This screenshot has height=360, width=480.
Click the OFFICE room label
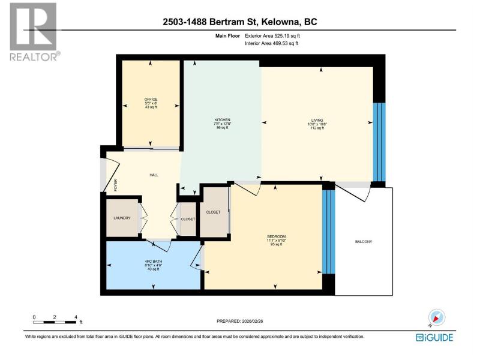click(151, 99)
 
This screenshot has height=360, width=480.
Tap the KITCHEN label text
click(222, 119)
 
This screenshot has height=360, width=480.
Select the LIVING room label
click(317, 121)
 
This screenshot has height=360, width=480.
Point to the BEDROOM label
click(277, 236)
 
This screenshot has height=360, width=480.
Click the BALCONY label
click(364, 242)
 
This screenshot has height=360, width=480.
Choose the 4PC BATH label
click(154, 262)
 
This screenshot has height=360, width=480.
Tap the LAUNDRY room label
click(122, 218)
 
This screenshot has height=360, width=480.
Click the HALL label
click(154, 175)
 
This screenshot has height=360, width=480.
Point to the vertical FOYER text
click(115, 185)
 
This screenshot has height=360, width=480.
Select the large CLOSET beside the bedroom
click(214, 212)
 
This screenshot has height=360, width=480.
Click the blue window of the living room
click(379, 142)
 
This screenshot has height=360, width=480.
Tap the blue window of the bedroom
click(329, 232)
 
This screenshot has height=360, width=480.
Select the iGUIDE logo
click(434, 337)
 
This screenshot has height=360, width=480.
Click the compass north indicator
click(437, 317)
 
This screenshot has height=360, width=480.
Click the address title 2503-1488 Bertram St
click(239, 22)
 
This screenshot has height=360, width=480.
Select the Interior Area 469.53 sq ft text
click(272, 43)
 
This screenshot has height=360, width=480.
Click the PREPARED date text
click(239, 321)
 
